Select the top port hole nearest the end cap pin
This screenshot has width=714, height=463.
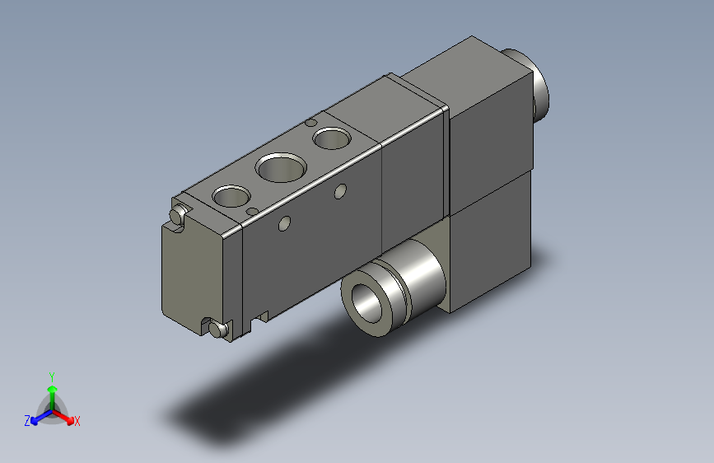(x=231, y=196)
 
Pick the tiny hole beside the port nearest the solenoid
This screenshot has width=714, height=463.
(x=310, y=124)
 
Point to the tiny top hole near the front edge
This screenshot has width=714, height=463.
(x=250, y=211)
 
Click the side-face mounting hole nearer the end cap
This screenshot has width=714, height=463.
(x=285, y=222)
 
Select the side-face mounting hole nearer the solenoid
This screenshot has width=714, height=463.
(x=338, y=192)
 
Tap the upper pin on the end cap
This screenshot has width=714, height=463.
(x=175, y=216)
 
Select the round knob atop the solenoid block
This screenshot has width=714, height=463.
(x=534, y=85)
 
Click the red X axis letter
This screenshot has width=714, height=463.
(x=77, y=422)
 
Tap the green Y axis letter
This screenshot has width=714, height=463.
(x=51, y=376)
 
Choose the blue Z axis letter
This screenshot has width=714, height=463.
(x=26, y=421)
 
